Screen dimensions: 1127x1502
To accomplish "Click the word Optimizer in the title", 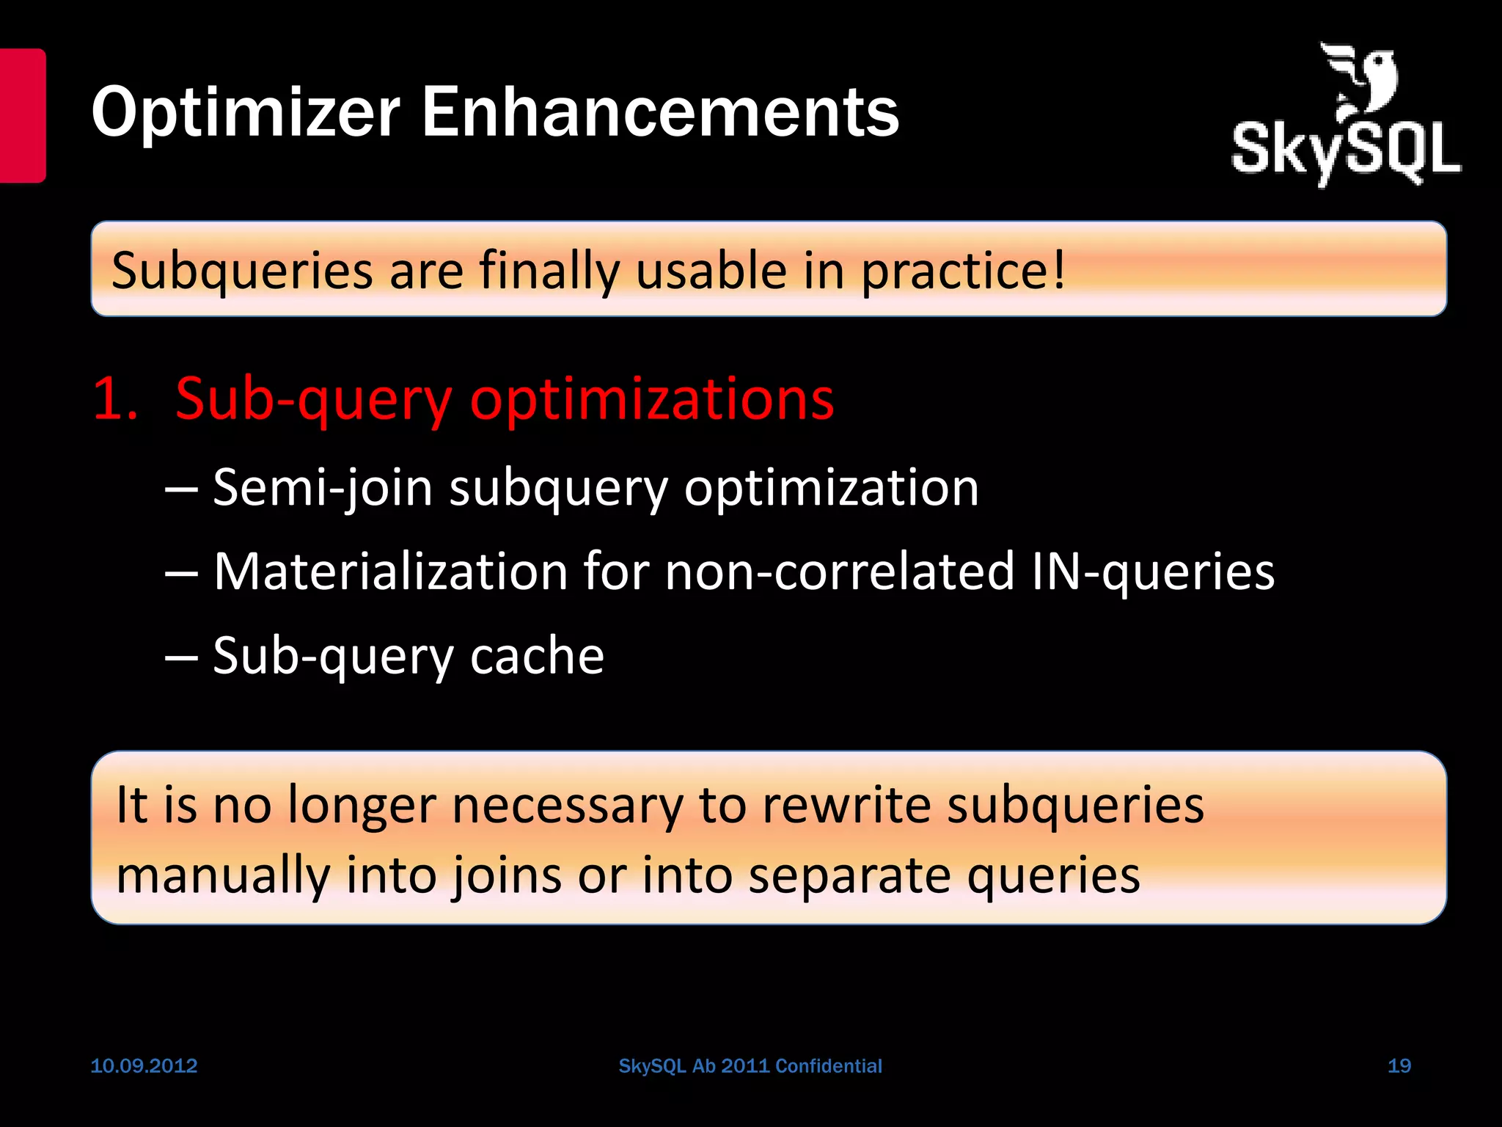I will pyautogui.click(x=246, y=114).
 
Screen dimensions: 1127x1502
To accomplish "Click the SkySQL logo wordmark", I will pyautogui.click(x=1346, y=151).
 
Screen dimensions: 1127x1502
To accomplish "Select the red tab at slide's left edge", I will pyautogui.click(x=23, y=115).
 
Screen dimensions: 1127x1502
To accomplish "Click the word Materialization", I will pyautogui.click(x=390, y=572).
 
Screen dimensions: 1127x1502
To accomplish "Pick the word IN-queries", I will pyautogui.click(x=1153, y=572).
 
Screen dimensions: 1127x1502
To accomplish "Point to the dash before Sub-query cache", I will pyautogui.click(x=181, y=657).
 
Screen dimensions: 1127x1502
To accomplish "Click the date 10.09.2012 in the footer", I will pyautogui.click(x=144, y=1066).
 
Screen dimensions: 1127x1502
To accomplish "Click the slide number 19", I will pyautogui.click(x=1399, y=1066).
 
